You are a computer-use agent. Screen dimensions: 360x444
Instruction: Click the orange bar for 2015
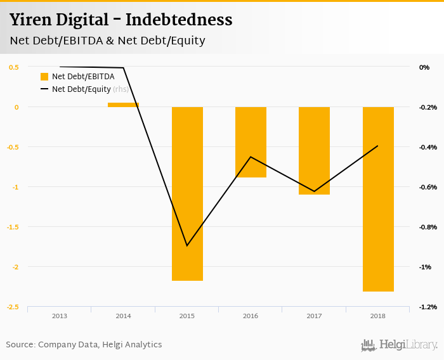click(x=187, y=193)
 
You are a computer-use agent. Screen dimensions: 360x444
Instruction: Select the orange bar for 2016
click(x=251, y=142)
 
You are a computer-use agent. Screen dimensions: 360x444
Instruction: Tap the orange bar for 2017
click(x=314, y=150)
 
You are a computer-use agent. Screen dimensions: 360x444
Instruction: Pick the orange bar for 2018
click(x=378, y=199)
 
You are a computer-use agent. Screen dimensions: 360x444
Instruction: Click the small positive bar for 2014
click(x=123, y=105)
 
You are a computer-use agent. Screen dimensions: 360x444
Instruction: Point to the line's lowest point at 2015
click(x=187, y=246)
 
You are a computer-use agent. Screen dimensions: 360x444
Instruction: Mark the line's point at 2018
click(x=378, y=146)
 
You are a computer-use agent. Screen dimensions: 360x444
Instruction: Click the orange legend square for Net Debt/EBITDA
click(x=44, y=77)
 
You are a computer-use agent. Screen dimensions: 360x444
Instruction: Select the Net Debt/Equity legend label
click(x=81, y=89)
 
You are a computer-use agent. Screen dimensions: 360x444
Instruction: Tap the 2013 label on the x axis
click(x=60, y=316)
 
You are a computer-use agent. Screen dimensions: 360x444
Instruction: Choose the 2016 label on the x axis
click(x=251, y=316)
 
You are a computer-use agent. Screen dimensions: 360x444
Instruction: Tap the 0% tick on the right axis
click(x=424, y=67)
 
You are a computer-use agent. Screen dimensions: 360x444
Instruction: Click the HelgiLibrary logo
click(x=400, y=345)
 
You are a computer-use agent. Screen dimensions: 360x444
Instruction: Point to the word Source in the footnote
click(x=20, y=345)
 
